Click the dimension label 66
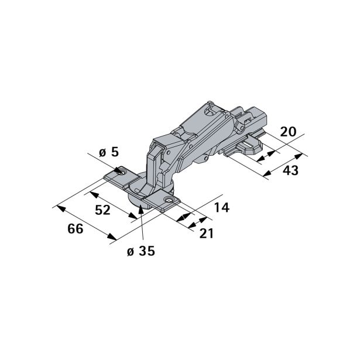[75, 229]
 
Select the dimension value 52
[102, 210]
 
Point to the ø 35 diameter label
[139, 251]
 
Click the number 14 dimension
[221, 208]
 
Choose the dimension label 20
[287, 131]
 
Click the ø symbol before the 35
[130, 251]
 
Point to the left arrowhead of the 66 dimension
[56, 207]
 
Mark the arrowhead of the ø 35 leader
[140, 205]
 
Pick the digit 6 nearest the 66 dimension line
[80, 229]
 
